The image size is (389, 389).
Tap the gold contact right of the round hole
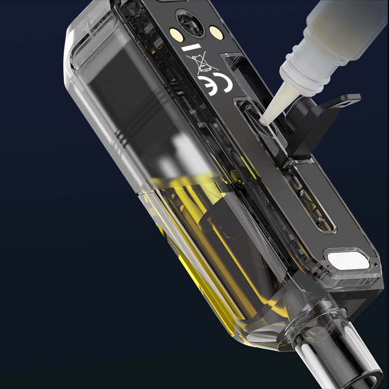[216, 32]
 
